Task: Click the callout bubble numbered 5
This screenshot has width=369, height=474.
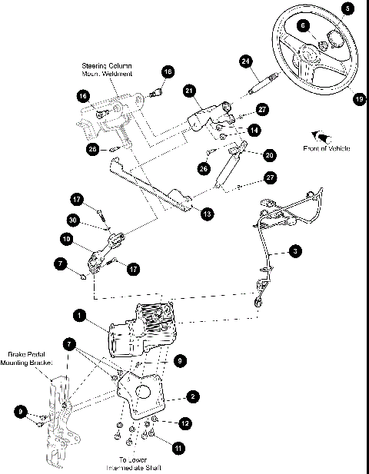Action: tap(350, 8)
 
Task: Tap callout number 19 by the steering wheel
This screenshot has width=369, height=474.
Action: tap(358, 98)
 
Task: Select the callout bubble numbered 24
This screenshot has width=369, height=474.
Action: tap(246, 60)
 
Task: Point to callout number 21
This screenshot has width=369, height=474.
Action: tap(188, 91)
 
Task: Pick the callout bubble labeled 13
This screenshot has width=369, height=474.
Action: tap(207, 214)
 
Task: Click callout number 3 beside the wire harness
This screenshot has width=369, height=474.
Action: tap(297, 250)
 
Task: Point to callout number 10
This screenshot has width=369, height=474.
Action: tap(67, 240)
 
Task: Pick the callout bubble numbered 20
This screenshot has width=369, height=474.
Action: tap(269, 154)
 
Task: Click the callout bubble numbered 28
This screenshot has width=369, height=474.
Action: tap(93, 150)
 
